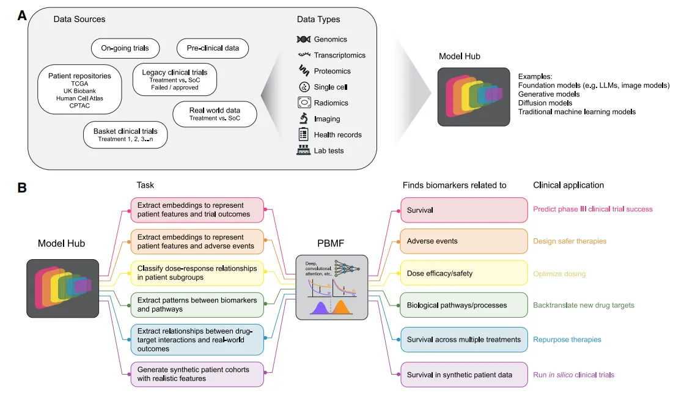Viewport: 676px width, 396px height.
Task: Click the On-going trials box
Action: [125, 48]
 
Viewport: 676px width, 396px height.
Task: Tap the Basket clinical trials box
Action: [125, 135]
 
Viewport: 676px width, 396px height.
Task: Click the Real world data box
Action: [215, 114]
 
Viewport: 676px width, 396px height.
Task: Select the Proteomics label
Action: [332, 71]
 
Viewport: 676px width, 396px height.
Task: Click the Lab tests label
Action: [329, 150]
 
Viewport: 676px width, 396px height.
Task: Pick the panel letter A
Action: [22, 16]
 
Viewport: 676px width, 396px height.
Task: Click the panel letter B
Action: [22, 187]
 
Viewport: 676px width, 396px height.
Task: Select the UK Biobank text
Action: [79, 91]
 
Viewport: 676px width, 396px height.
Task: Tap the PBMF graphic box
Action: [331, 287]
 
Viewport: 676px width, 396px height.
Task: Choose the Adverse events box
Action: [464, 241]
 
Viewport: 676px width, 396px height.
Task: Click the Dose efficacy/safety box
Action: [464, 273]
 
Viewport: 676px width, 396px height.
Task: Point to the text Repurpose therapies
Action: [567, 340]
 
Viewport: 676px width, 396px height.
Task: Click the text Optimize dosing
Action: [559, 273]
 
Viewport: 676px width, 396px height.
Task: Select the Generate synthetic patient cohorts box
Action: [197, 374]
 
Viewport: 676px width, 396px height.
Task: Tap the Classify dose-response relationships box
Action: [197, 273]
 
